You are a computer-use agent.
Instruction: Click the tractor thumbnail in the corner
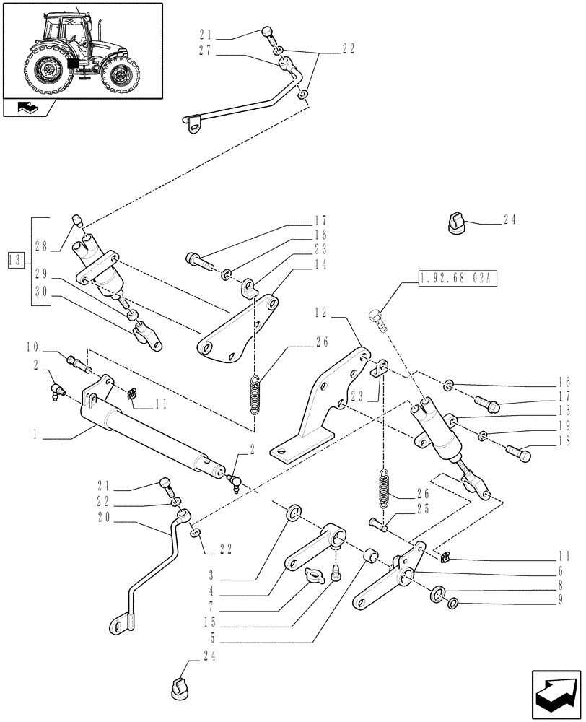point(82,50)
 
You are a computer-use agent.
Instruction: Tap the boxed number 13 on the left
point(14,259)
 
